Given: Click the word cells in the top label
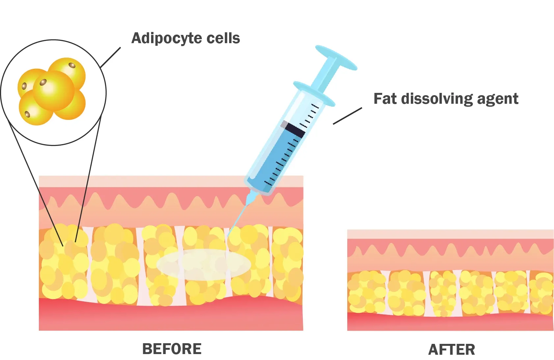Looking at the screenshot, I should [223, 39].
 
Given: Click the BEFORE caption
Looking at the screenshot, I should [171, 349].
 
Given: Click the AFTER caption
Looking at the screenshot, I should [451, 350].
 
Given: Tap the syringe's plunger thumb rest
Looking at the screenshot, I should [336, 58].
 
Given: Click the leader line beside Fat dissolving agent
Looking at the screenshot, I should [347, 116].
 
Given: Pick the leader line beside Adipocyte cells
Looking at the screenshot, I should [110, 57].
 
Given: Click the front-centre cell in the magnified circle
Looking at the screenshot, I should [54, 91].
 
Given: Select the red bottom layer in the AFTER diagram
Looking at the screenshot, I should [450, 323].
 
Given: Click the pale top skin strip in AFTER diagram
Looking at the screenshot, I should [450, 234].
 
